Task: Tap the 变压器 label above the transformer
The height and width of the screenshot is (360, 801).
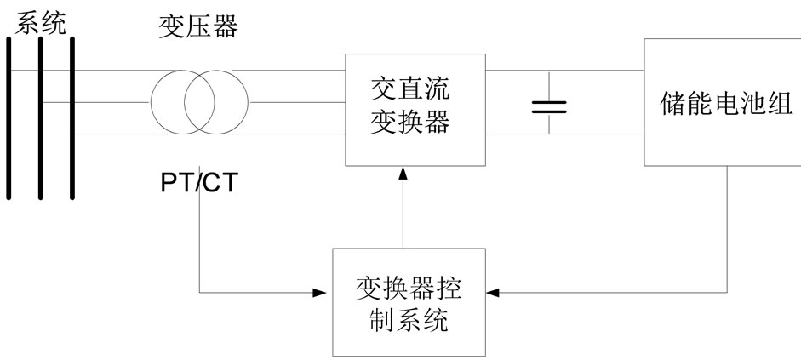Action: point(197,29)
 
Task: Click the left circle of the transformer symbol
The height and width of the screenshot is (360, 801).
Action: point(181,101)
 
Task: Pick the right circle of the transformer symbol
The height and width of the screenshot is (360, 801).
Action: point(215,101)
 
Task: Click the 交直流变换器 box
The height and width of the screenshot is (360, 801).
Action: point(415,109)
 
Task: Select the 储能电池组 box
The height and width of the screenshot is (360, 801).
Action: point(721,102)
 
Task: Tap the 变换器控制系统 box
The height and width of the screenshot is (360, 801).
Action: point(408,302)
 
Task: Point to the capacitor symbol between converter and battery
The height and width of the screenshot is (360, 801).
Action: point(549,106)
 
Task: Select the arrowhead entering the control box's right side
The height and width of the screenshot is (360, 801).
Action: point(494,293)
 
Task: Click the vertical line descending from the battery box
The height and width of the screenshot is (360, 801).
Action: point(728,230)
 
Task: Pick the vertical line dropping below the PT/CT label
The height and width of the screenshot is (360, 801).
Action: point(198,247)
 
